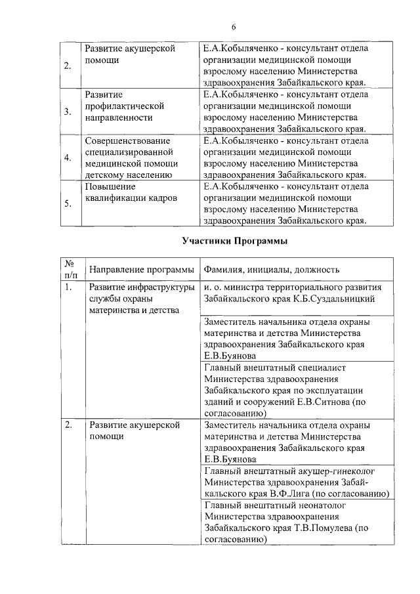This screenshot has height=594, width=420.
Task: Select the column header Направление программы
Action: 142,270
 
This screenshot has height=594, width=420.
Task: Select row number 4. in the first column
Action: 68,158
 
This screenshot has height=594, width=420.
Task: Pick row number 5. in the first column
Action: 68,203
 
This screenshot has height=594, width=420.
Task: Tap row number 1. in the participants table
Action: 69,287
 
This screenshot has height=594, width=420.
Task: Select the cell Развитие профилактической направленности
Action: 124,106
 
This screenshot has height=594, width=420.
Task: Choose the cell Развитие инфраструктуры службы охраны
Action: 141,299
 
